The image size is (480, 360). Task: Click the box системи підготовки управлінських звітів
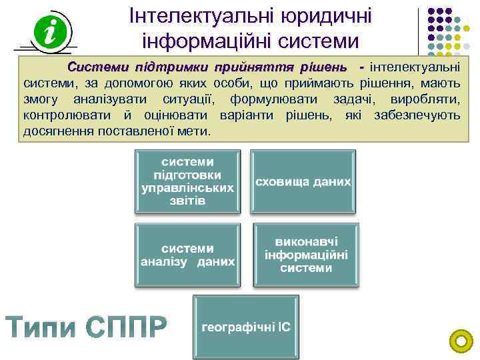[x=187, y=181]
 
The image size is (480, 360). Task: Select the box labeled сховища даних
[x=303, y=182]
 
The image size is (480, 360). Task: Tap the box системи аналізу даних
[x=187, y=255]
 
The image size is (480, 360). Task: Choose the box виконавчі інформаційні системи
[x=306, y=255]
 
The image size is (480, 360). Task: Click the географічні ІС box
[x=246, y=328]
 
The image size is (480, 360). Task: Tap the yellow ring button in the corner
[x=461, y=342]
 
